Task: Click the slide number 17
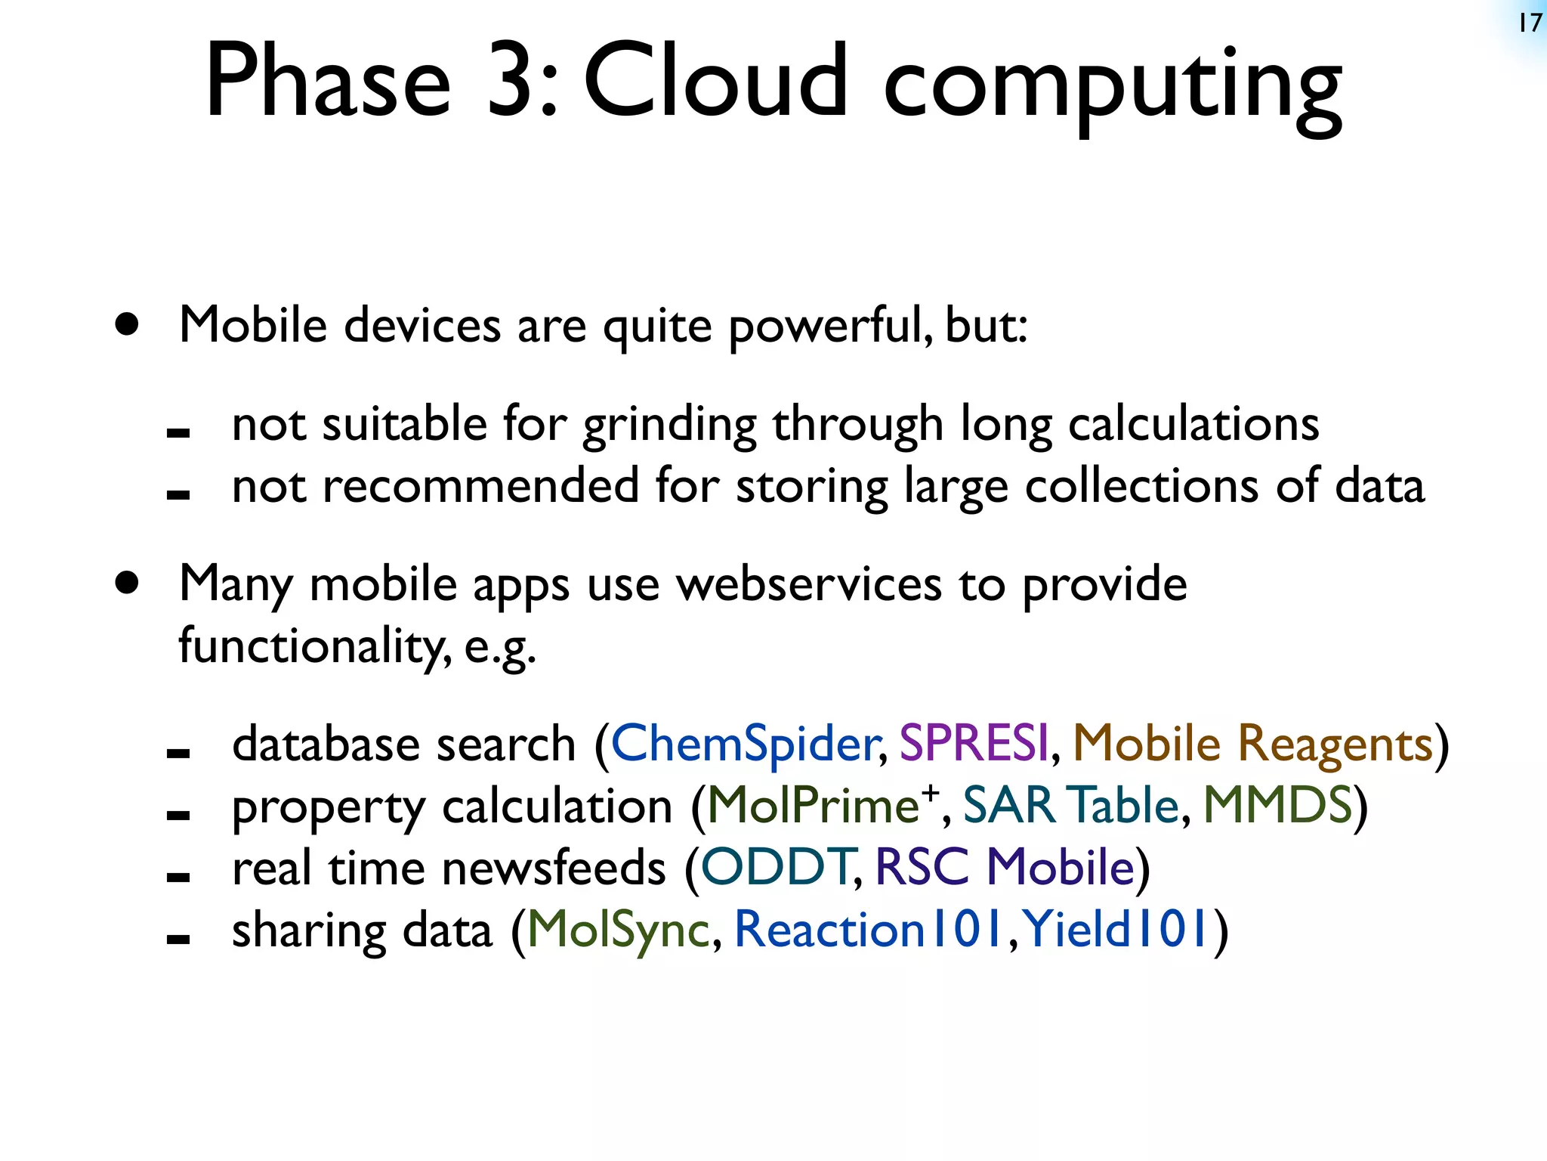point(1530,23)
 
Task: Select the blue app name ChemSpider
point(745,744)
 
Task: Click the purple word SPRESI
point(974,744)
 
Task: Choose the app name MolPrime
point(812,806)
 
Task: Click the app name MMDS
point(1277,806)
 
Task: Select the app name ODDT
point(777,868)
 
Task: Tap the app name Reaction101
point(869,930)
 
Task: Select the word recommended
point(480,487)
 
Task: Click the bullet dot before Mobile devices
point(128,325)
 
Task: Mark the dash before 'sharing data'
point(178,940)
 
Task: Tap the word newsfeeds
point(554,868)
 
